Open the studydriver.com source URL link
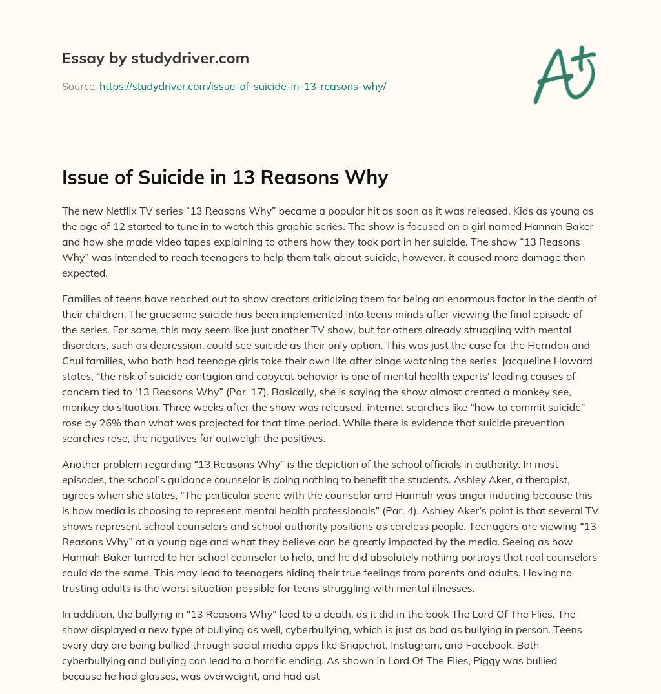pos(242,86)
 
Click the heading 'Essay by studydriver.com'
pos(155,58)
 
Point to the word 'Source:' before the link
pos(79,86)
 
